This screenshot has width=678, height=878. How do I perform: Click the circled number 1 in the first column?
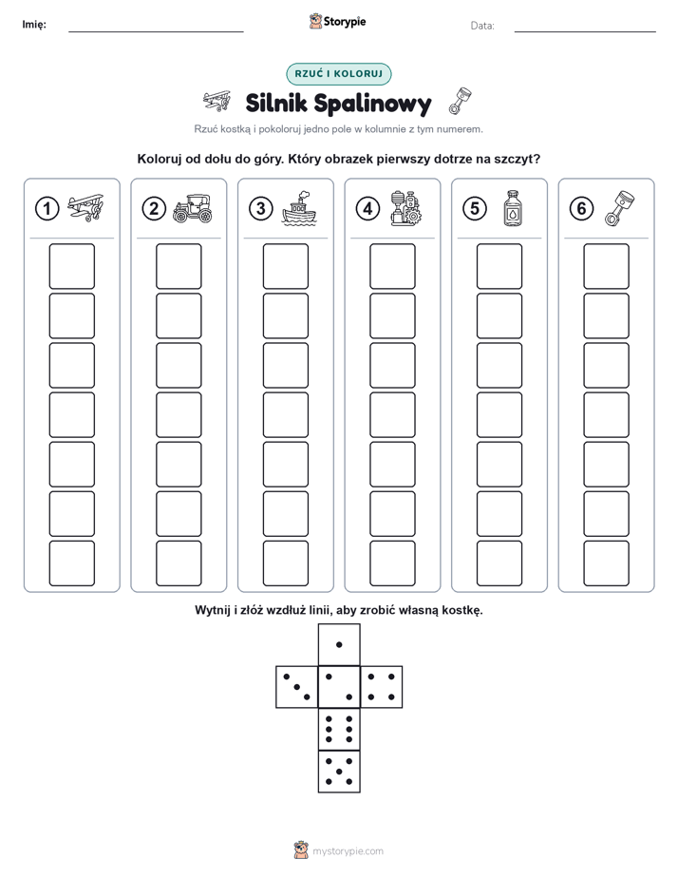point(47,209)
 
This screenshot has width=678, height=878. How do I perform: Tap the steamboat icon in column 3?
point(299,208)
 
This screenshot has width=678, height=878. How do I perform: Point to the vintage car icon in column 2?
point(193,209)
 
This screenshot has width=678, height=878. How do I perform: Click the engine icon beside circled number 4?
point(406,208)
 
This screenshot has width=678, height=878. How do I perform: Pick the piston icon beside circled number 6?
point(620,208)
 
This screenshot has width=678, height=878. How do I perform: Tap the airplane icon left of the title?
point(217,102)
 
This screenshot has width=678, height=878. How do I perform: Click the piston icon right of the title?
point(460,102)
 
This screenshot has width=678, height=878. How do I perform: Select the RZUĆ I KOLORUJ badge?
point(338,74)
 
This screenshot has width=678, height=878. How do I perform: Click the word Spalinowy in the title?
point(372,104)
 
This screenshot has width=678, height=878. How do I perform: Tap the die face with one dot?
point(339,644)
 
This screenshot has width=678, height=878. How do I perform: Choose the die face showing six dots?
point(339,729)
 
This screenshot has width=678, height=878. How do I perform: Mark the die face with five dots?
point(339,771)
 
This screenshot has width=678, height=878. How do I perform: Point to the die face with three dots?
point(297,686)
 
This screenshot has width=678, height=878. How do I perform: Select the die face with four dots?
point(382,686)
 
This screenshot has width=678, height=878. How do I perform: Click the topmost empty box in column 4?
point(393,266)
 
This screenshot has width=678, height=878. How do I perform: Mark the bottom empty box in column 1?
point(72,563)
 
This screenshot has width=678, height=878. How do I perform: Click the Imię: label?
point(34,24)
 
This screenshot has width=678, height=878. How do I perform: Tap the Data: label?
point(482,26)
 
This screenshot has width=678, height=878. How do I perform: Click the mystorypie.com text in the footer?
point(348,851)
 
